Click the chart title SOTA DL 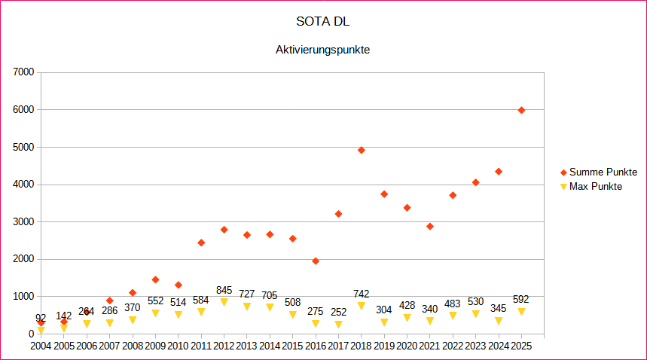[323, 20]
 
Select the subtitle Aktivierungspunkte [323, 50]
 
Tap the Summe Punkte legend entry [603, 172]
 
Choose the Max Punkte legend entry [595, 186]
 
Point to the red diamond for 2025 [521, 110]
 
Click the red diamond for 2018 [362, 150]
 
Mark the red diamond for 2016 [316, 261]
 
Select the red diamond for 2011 [201, 243]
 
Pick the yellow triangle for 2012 [224, 302]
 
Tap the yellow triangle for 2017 [338, 325]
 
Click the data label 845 [224, 290]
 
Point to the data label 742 [362, 294]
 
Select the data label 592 [521, 299]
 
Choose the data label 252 [338, 312]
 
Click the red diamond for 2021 [430, 226]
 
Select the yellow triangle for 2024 [499, 321]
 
